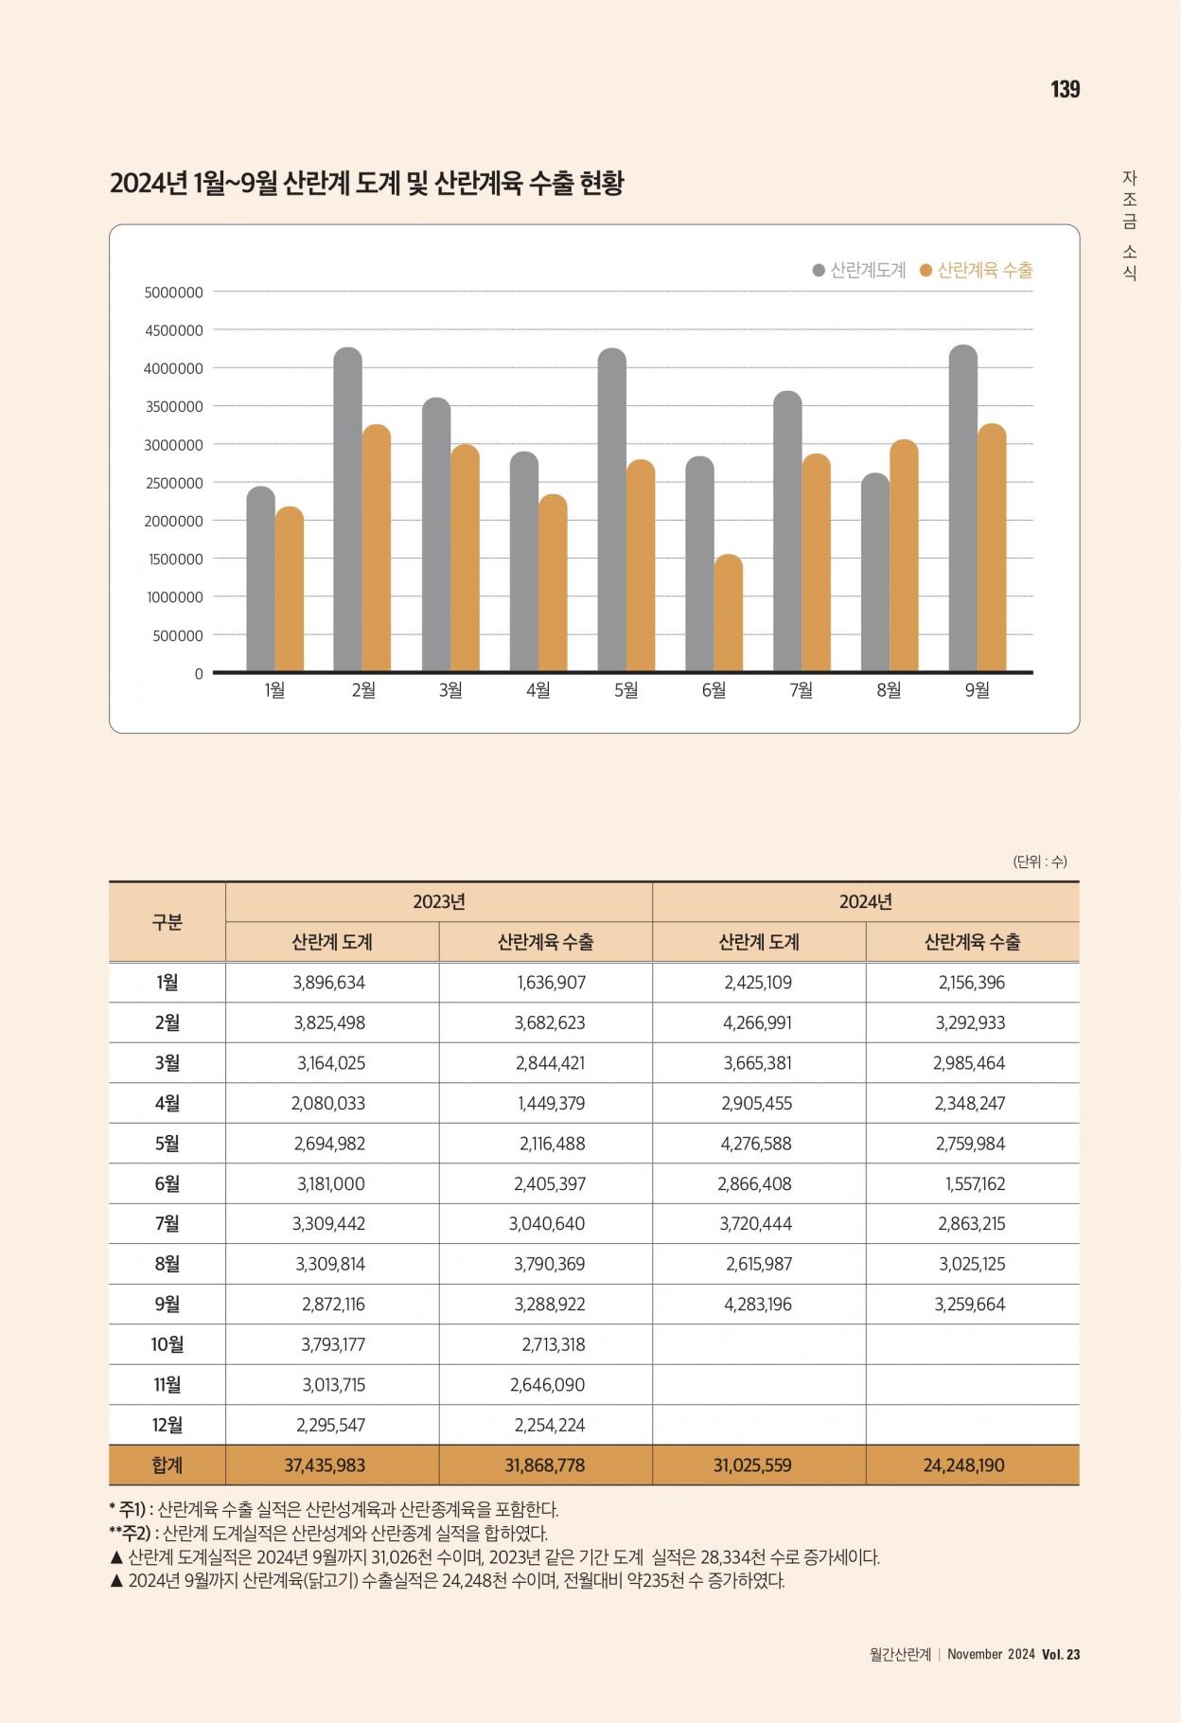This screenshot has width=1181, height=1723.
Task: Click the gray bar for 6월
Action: [699, 564]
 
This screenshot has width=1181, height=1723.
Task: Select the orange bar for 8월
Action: [904, 556]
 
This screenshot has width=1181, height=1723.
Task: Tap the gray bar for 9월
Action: [962, 508]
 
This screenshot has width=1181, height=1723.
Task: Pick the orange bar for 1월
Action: [290, 589]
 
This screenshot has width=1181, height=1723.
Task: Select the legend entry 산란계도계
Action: [859, 270]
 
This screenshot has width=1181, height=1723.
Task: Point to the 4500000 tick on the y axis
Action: [173, 330]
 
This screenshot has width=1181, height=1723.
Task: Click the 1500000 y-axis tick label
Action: [174, 560]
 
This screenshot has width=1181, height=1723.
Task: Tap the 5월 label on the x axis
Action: [626, 690]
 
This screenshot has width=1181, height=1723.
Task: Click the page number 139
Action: [1065, 89]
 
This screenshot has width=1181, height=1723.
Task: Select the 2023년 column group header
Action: [439, 901]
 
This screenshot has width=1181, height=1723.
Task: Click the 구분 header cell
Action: [167, 921]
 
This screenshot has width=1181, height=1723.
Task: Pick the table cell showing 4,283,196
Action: [758, 1304]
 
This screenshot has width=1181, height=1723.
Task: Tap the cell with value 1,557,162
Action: [975, 1183]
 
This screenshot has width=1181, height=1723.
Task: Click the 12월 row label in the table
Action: [167, 1425]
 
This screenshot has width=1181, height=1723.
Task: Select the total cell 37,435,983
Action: [325, 1465]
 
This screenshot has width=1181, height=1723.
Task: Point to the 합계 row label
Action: [167, 1465]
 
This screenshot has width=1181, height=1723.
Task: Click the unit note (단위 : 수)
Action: [1040, 861]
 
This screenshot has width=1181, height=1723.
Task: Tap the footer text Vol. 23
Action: [1061, 1654]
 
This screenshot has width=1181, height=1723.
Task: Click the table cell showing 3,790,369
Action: [549, 1264]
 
